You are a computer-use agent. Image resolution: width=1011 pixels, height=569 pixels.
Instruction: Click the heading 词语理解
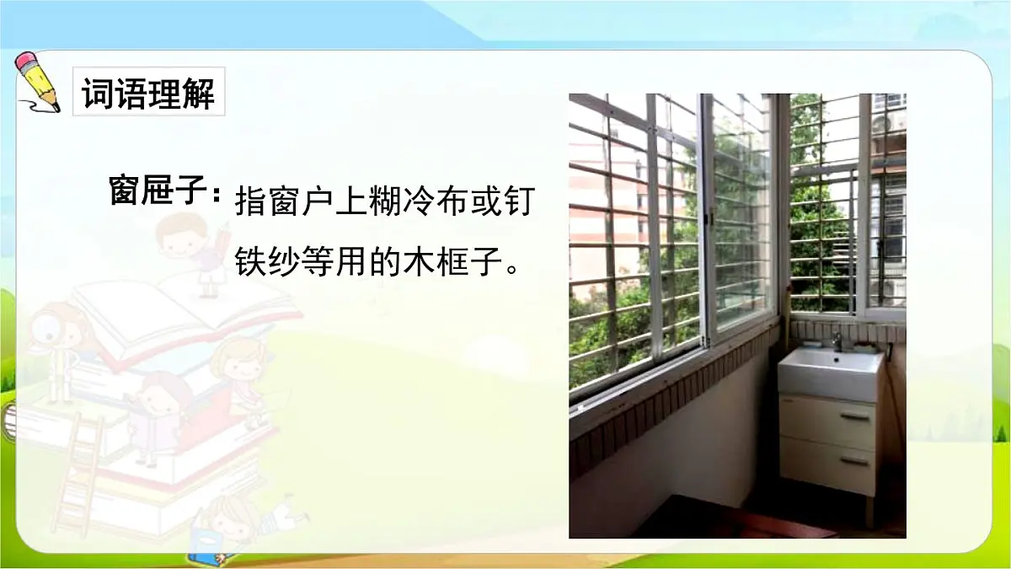tap(148, 93)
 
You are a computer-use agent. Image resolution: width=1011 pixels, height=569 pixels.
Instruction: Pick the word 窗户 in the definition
tap(306, 203)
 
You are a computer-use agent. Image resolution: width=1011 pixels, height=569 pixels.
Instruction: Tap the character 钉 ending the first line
tap(517, 203)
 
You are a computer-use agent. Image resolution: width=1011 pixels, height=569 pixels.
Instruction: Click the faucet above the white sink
tap(837, 341)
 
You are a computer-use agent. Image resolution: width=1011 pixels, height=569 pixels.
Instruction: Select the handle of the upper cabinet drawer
tap(853, 417)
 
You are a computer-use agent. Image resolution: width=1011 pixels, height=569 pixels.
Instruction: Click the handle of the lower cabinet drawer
tap(853, 462)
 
